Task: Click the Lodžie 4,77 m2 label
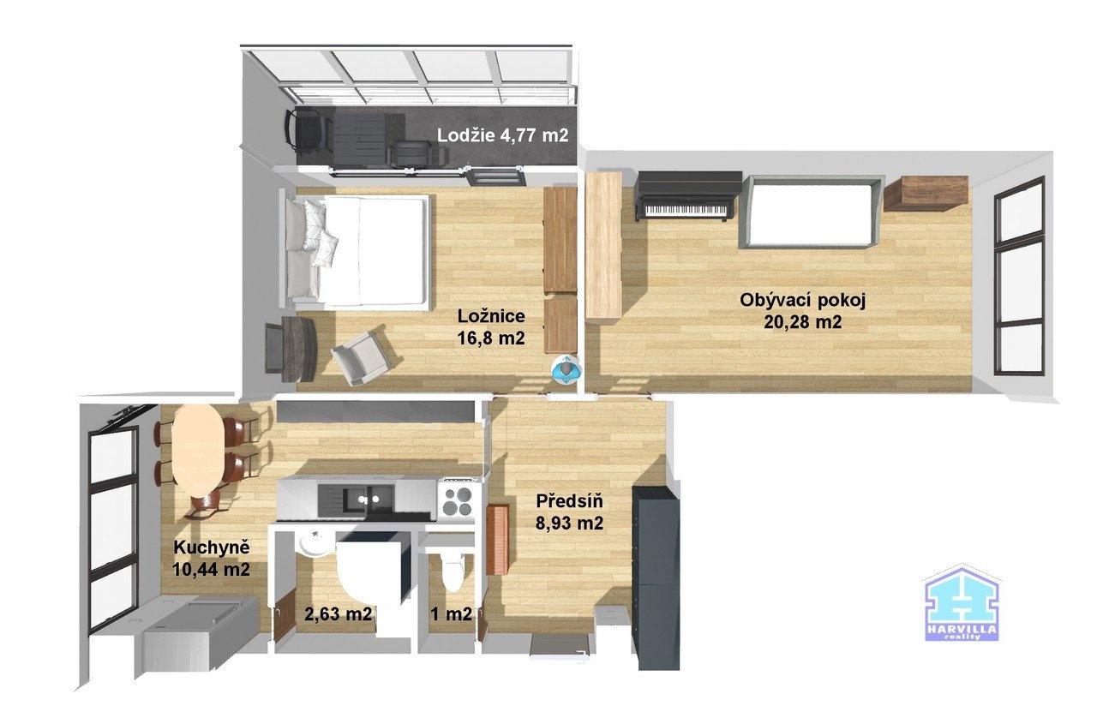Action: coord(502,135)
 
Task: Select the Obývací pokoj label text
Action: coord(803,310)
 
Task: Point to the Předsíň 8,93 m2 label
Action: coord(570,512)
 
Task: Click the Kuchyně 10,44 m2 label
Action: coord(211,557)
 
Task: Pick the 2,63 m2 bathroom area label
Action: coord(339,613)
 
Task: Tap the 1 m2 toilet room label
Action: coord(452,613)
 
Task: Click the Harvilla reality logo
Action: coord(961,605)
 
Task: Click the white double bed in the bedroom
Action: coord(360,251)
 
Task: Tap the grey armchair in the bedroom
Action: coord(361,356)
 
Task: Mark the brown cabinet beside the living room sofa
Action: coord(926,193)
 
